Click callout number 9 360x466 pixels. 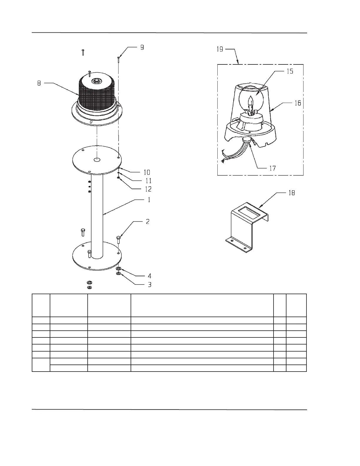pos(142,47)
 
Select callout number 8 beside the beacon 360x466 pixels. pos(39,83)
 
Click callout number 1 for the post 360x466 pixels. pos(149,200)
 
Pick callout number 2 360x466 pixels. pos(148,222)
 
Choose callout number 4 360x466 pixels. pos(149,276)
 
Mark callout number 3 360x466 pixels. pos(149,284)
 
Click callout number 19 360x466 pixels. pos(220,49)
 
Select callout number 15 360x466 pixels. pos(290,71)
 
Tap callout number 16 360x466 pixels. pos(298,103)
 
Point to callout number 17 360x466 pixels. pos(273,168)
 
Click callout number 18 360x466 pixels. pos(291,193)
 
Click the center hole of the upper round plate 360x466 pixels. pos(96,160)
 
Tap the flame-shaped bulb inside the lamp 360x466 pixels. pos(251,103)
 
